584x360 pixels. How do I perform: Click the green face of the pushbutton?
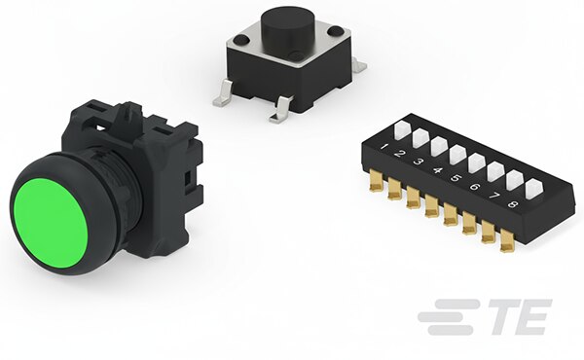point(51,223)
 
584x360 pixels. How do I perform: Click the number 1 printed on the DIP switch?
point(383,146)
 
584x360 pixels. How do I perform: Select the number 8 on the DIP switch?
point(513,204)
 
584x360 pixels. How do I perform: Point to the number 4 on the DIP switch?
point(438,170)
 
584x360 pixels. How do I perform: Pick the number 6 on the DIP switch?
point(475,187)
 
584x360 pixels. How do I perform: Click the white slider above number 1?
point(402,129)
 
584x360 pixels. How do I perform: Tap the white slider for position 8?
point(533,189)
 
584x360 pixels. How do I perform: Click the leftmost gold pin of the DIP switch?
point(377,181)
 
